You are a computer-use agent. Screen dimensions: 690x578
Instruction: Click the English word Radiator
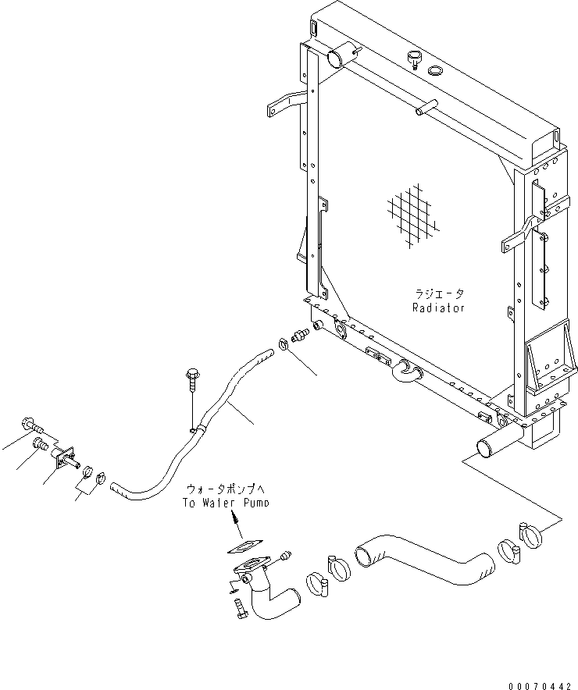pos(438,308)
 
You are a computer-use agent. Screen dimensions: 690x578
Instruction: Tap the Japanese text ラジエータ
pos(439,294)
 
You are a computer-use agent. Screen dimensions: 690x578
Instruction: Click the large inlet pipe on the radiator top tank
pos(341,56)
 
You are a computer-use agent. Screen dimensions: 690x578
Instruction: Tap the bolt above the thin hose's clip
pos(191,380)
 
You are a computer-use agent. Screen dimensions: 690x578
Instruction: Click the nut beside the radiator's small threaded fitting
pos(284,343)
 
